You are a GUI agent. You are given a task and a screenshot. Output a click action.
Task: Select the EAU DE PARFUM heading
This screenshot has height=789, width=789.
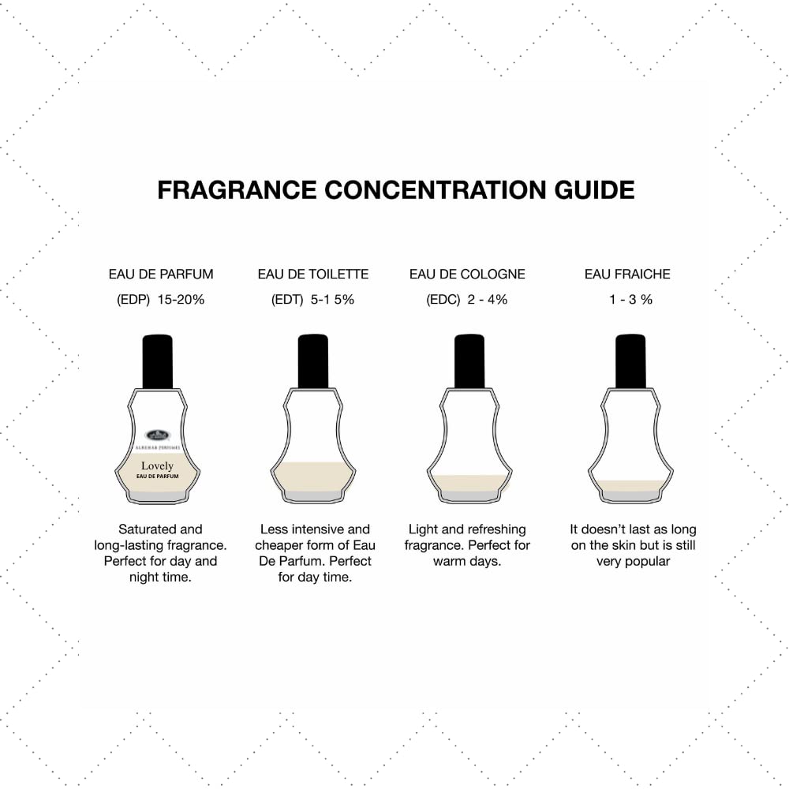tap(161, 275)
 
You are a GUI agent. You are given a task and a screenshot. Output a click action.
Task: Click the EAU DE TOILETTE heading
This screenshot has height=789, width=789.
tap(313, 275)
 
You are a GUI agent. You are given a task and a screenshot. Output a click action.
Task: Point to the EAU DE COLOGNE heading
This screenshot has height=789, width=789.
tap(467, 275)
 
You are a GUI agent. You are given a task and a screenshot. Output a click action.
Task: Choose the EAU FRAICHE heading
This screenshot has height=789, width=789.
tap(627, 275)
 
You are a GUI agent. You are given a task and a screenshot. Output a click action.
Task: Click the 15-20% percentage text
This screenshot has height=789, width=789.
tap(181, 300)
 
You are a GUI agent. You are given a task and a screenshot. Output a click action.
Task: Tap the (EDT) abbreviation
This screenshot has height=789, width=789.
tap(286, 300)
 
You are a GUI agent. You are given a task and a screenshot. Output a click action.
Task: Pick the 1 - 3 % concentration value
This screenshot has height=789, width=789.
tap(630, 300)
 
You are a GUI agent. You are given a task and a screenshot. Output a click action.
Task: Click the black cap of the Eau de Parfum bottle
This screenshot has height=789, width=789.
tap(157, 361)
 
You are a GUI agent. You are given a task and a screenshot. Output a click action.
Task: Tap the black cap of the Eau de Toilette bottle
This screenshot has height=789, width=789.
tap(313, 361)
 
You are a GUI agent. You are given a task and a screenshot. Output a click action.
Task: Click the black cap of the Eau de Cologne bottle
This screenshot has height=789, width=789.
tap(469, 361)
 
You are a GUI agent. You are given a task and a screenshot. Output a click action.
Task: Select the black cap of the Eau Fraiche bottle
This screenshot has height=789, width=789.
tap(630, 361)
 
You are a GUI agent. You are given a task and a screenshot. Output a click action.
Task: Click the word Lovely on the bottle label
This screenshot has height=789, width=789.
tap(158, 466)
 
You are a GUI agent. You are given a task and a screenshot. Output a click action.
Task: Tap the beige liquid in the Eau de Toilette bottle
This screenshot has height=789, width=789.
tap(313, 476)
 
